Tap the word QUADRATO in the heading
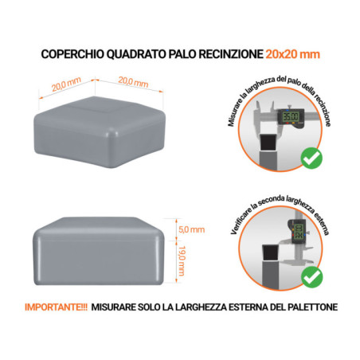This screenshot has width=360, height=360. [129, 54]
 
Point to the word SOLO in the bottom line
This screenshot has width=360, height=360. [139, 306]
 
